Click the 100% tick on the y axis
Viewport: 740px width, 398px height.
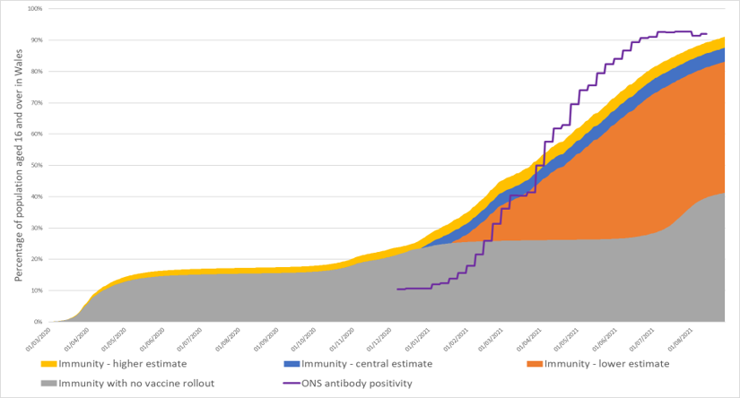pyautogui.click(x=34, y=9)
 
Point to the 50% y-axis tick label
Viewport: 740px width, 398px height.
pyautogui.click(x=36, y=165)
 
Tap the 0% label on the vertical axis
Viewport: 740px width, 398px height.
pyautogui.click(x=38, y=321)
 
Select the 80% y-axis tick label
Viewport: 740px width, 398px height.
pyautogui.click(x=36, y=72)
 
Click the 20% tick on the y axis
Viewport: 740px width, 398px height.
pyautogui.click(x=36, y=259)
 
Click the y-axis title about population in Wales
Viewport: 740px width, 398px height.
pyautogui.click(x=18, y=166)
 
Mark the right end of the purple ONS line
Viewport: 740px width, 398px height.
pyautogui.click(x=707, y=34)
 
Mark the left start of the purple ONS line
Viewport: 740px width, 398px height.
pyautogui.click(x=396, y=289)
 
